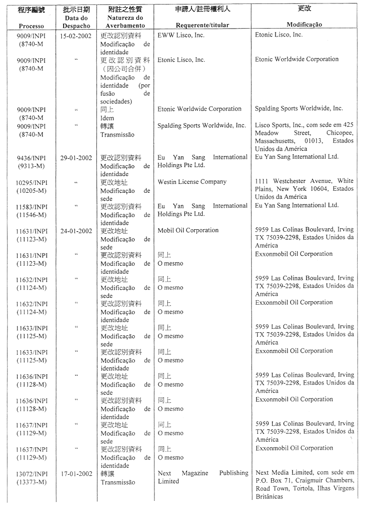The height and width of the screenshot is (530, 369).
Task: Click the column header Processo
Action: [x=31, y=26]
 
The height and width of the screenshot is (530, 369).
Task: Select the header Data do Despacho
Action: [x=76, y=21]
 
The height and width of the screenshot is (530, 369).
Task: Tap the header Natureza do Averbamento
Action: [x=126, y=21]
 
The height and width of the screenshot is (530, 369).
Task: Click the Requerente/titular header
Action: [x=202, y=25]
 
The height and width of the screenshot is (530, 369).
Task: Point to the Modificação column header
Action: [x=304, y=25]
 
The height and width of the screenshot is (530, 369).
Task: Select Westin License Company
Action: [x=192, y=182]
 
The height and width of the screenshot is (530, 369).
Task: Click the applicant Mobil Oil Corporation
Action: [x=188, y=230]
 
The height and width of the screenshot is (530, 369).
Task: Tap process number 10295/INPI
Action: [x=31, y=182]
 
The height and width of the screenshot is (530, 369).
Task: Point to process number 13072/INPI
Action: [x=31, y=474]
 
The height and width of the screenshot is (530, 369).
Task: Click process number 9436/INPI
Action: [x=31, y=158]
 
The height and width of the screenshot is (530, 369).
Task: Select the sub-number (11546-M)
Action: [x=31, y=215]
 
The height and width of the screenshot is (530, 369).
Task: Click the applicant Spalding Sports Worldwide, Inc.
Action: [x=201, y=126]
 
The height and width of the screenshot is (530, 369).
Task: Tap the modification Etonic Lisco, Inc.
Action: [x=279, y=35]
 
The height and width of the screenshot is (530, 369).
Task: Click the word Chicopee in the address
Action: [x=340, y=133]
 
